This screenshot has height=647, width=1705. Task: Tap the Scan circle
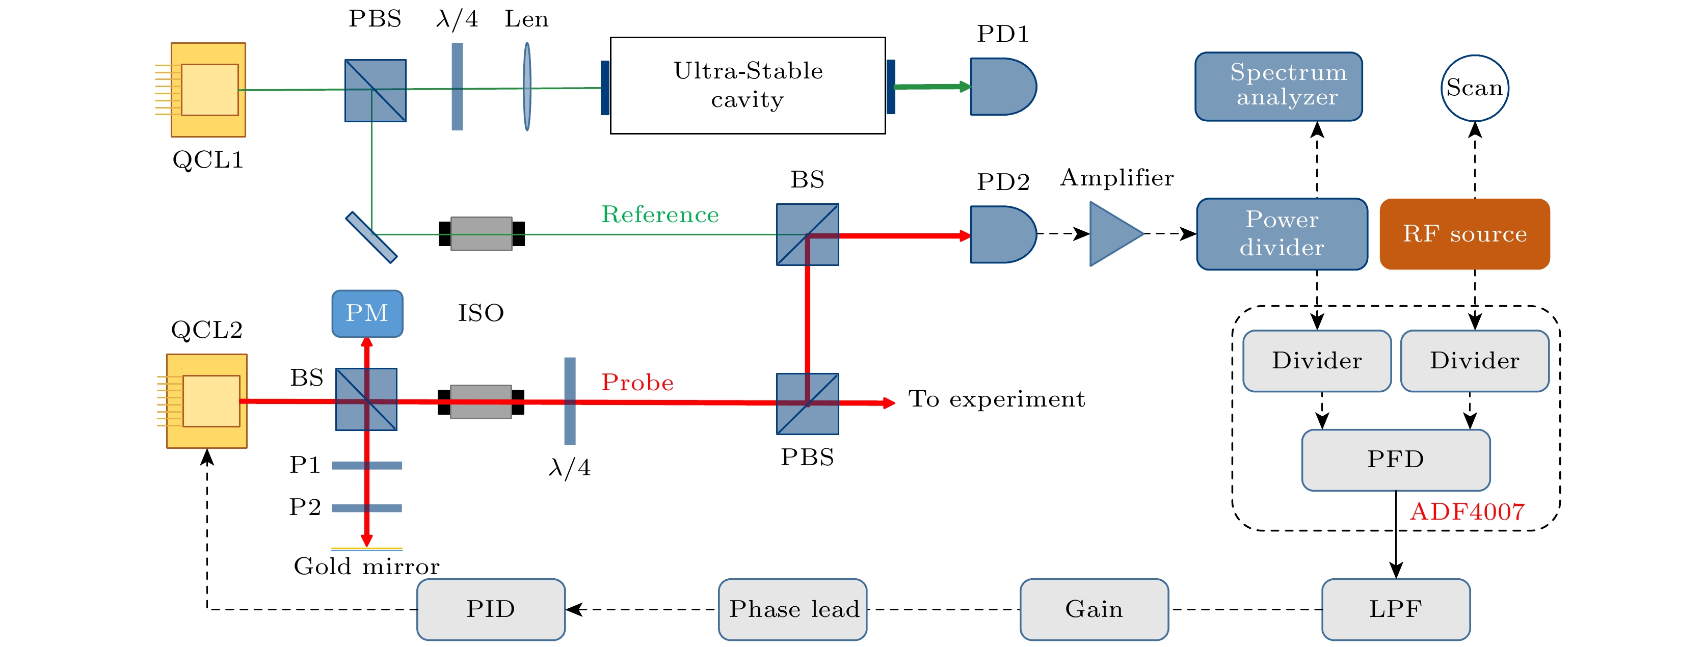coord(1474,88)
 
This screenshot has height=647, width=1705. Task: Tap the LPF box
coord(1395,609)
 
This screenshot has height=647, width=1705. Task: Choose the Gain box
coord(1094,609)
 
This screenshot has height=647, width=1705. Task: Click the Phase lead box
coord(792,609)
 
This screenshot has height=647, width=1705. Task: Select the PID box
coord(490,609)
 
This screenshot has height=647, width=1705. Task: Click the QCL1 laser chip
coord(208,90)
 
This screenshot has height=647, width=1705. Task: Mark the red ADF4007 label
coord(1467,512)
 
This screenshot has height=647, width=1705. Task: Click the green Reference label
coord(659,214)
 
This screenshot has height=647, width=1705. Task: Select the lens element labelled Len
coord(527,87)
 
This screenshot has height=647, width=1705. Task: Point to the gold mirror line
coord(367,549)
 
